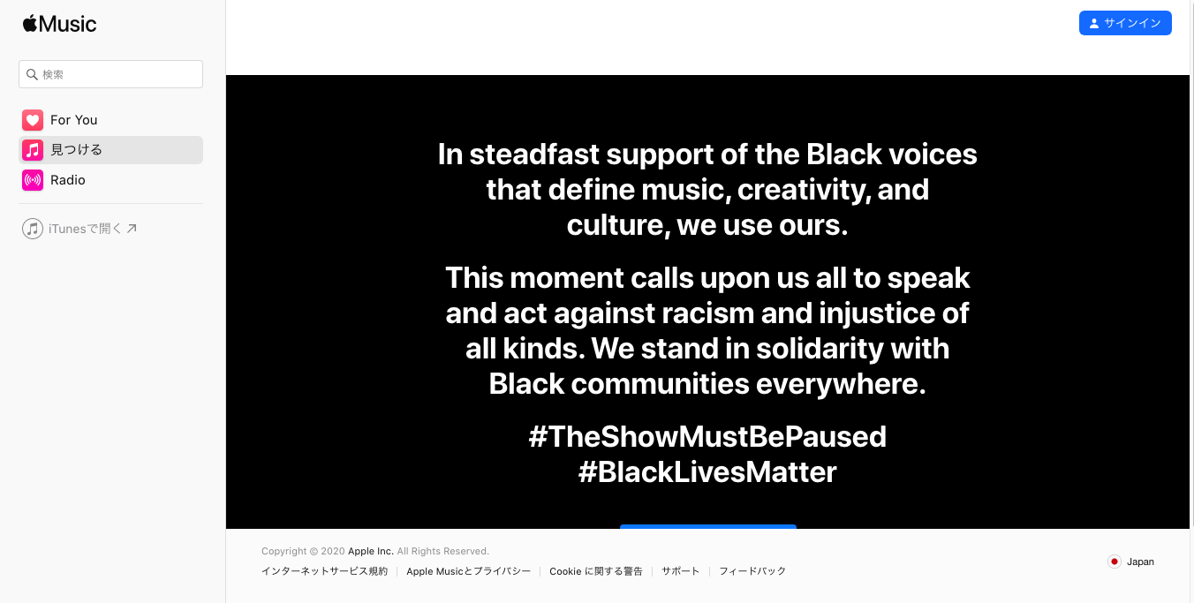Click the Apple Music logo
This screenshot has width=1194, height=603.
(x=59, y=24)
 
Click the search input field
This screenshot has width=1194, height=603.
(x=111, y=74)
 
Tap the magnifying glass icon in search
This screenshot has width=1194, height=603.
(x=32, y=74)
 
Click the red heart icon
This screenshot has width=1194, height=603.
(x=33, y=120)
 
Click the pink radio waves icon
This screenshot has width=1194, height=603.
(x=33, y=180)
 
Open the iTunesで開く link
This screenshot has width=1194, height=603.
(x=80, y=229)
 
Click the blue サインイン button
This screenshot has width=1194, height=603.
(x=1125, y=23)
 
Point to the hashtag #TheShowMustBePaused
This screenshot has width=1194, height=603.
(x=707, y=436)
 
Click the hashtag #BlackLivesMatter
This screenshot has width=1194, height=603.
(x=707, y=472)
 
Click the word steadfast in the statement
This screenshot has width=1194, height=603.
(x=534, y=155)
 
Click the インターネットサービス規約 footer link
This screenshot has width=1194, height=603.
(x=324, y=571)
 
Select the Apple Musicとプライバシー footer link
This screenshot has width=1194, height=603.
(x=469, y=571)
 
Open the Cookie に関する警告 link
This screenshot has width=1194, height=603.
(x=596, y=571)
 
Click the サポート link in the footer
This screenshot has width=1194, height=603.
(x=681, y=571)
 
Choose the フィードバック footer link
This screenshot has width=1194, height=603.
(x=752, y=571)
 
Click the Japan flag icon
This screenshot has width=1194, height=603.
(x=1114, y=562)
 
